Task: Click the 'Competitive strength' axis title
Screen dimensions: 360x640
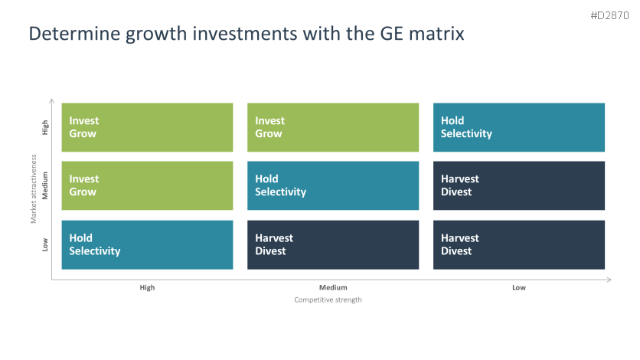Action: click(x=328, y=299)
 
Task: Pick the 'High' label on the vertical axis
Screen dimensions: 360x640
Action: click(x=45, y=127)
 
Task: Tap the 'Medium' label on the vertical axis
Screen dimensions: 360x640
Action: click(x=45, y=185)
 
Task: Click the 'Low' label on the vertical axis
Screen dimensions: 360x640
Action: click(x=45, y=244)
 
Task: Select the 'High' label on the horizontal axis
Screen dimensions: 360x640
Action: click(x=147, y=288)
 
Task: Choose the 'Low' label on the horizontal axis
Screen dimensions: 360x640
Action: click(x=519, y=288)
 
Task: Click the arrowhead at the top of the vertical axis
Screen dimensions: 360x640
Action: click(x=51, y=100)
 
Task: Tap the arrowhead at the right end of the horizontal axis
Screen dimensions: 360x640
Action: click(x=609, y=280)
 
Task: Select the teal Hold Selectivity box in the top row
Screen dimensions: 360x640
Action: click(x=519, y=127)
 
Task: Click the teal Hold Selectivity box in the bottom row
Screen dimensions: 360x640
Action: click(x=147, y=245)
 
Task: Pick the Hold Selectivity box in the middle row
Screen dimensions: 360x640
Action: click(x=333, y=185)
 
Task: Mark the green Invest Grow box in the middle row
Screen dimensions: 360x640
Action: click(x=147, y=185)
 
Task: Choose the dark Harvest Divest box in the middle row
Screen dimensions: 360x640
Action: click(x=519, y=185)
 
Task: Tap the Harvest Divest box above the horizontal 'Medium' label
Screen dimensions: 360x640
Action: click(x=333, y=245)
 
